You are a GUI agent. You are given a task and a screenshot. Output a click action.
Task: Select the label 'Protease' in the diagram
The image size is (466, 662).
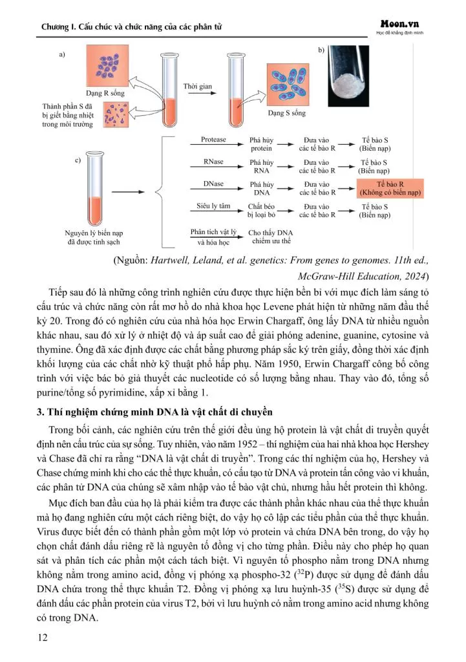tap(213, 140)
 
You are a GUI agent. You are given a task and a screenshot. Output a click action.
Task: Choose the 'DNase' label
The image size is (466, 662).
tap(213, 184)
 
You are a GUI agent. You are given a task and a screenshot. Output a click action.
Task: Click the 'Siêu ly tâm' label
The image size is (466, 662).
tap(213, 206)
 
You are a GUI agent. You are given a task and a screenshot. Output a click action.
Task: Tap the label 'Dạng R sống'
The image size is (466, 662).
tap(105, 93)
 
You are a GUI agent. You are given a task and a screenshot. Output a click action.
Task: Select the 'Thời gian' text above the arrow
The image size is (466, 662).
tap(197, 86)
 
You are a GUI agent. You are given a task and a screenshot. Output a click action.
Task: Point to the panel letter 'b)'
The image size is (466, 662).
tap(321, 50)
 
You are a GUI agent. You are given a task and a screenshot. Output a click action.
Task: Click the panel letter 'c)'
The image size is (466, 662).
tap(78, 160)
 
